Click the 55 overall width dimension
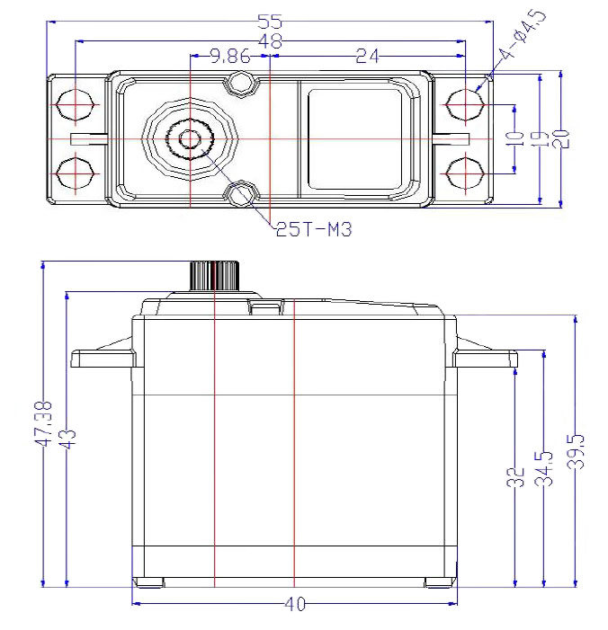click(270, 22)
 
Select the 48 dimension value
click(270, 41)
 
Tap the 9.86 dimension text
click(230, 57)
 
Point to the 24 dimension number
click(367, 57)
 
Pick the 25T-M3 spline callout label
click(314, 230)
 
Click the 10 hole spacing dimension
click(515, 138)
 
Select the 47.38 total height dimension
click(42, 423)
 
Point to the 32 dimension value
click(515, 477)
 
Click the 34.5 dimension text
click(543, 469)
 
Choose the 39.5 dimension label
click(576, 452)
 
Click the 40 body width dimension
click(295, 604)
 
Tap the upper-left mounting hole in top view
click(76, 104)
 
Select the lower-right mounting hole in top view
click(465, 173)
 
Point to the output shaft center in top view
click(190, 139)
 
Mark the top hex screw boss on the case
click(240, 84)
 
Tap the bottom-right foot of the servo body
click(441, 582)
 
